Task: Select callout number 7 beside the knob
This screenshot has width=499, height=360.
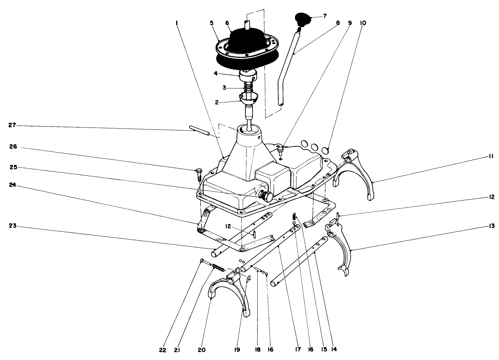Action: coord(324,16)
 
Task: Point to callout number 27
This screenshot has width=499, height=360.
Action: coord(12,126)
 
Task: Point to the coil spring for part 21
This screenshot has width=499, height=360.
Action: coord(218,267)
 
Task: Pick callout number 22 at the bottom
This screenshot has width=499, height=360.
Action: coord(162,350)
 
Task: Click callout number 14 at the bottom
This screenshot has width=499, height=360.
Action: coord(334,350)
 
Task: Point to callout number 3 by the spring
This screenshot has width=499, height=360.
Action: coord(224,87)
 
